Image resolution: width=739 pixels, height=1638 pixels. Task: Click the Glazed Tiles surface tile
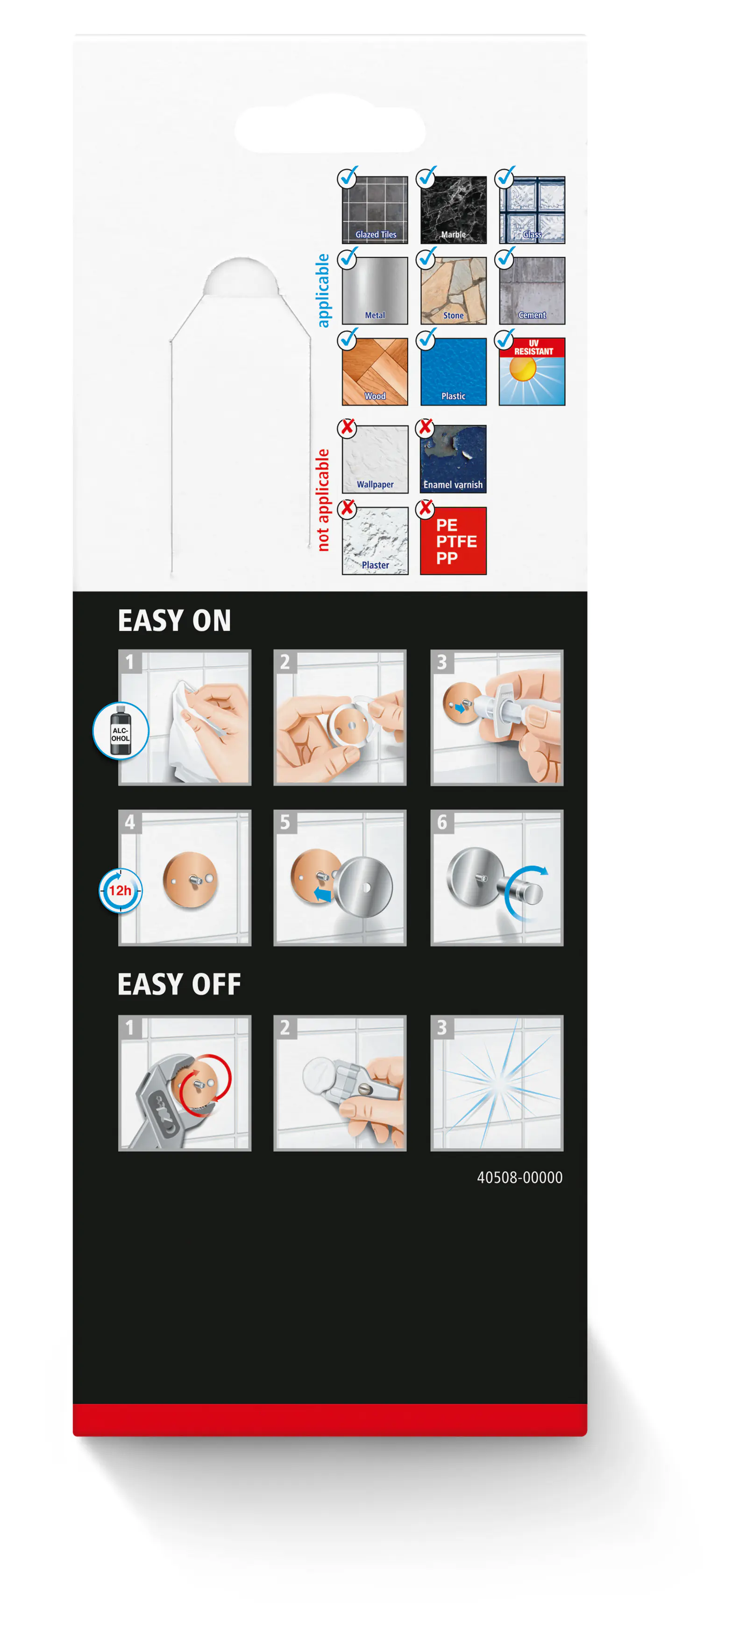[375, 210]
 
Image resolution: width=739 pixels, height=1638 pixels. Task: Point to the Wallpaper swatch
[375, 459]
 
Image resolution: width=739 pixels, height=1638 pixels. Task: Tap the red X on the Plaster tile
[347, 508]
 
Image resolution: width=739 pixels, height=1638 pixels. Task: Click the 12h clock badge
[120, 890]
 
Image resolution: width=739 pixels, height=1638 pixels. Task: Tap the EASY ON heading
[174, 621]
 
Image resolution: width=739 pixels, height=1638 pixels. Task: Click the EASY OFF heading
[179, 984]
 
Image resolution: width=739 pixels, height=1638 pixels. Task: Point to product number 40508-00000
[519, 1178]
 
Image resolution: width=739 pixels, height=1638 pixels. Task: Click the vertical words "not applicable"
[323, 500]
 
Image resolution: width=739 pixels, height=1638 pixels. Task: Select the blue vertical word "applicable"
[323, 290]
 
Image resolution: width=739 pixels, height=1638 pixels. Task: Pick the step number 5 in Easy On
[285, 822]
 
